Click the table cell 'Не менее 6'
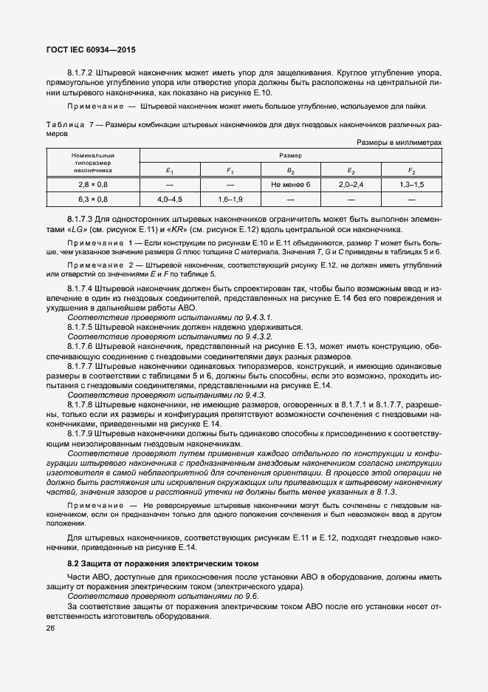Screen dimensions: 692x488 (292, 184)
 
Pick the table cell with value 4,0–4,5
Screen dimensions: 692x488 (170, 200)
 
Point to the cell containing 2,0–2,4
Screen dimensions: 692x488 (351, 184)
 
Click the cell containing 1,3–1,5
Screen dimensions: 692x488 (412, 184)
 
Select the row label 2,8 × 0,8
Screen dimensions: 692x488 (93, 184)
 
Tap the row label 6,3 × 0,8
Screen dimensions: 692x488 (93, 200)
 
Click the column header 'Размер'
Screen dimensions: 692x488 (290, 156)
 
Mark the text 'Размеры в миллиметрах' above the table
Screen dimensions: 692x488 (399, 141)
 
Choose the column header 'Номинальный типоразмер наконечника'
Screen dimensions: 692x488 (93, 163)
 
